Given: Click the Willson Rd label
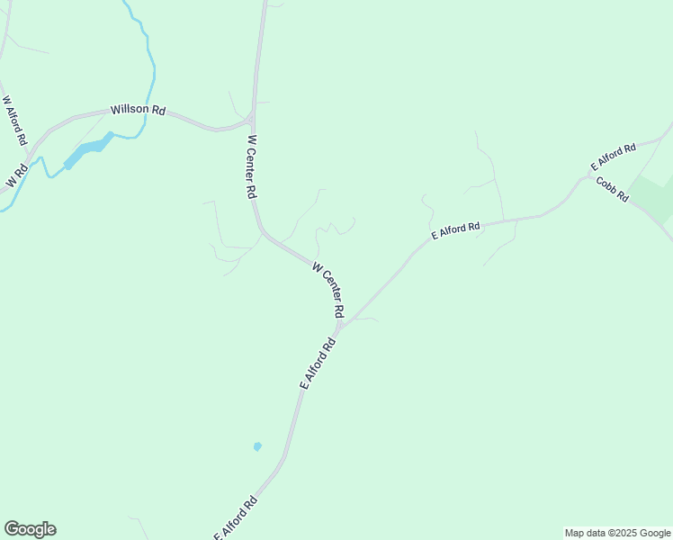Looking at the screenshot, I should (x=139, y=110).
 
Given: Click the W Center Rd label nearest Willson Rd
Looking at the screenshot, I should (x=253, y=167).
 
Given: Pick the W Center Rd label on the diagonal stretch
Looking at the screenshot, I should (x=328, y=289).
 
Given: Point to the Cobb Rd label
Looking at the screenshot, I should (x=612, y=189).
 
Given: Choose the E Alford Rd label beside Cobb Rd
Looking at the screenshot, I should (x=614, y=156).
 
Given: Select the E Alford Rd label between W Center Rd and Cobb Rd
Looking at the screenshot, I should (x=455, y=230).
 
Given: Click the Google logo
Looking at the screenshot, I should (x=30, y=529).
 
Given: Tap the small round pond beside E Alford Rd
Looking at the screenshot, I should (x=257, y=445).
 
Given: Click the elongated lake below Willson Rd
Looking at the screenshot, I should (x=88, y=149).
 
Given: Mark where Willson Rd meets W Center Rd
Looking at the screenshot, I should (x=252, y=120).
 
